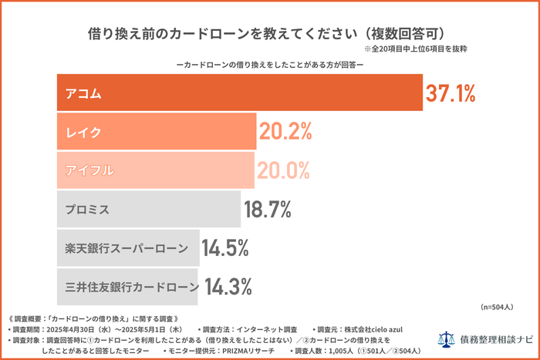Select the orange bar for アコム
239,93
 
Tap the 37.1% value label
451,94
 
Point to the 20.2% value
285,132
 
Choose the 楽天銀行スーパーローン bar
128,248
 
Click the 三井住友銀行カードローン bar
128,287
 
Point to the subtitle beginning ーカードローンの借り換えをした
270,65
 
